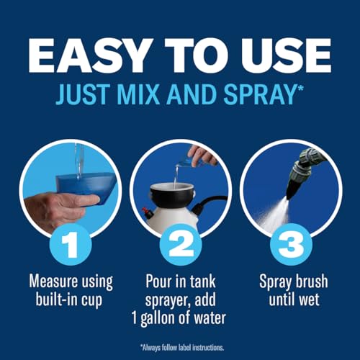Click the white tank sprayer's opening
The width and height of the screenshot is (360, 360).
[173, 186]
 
